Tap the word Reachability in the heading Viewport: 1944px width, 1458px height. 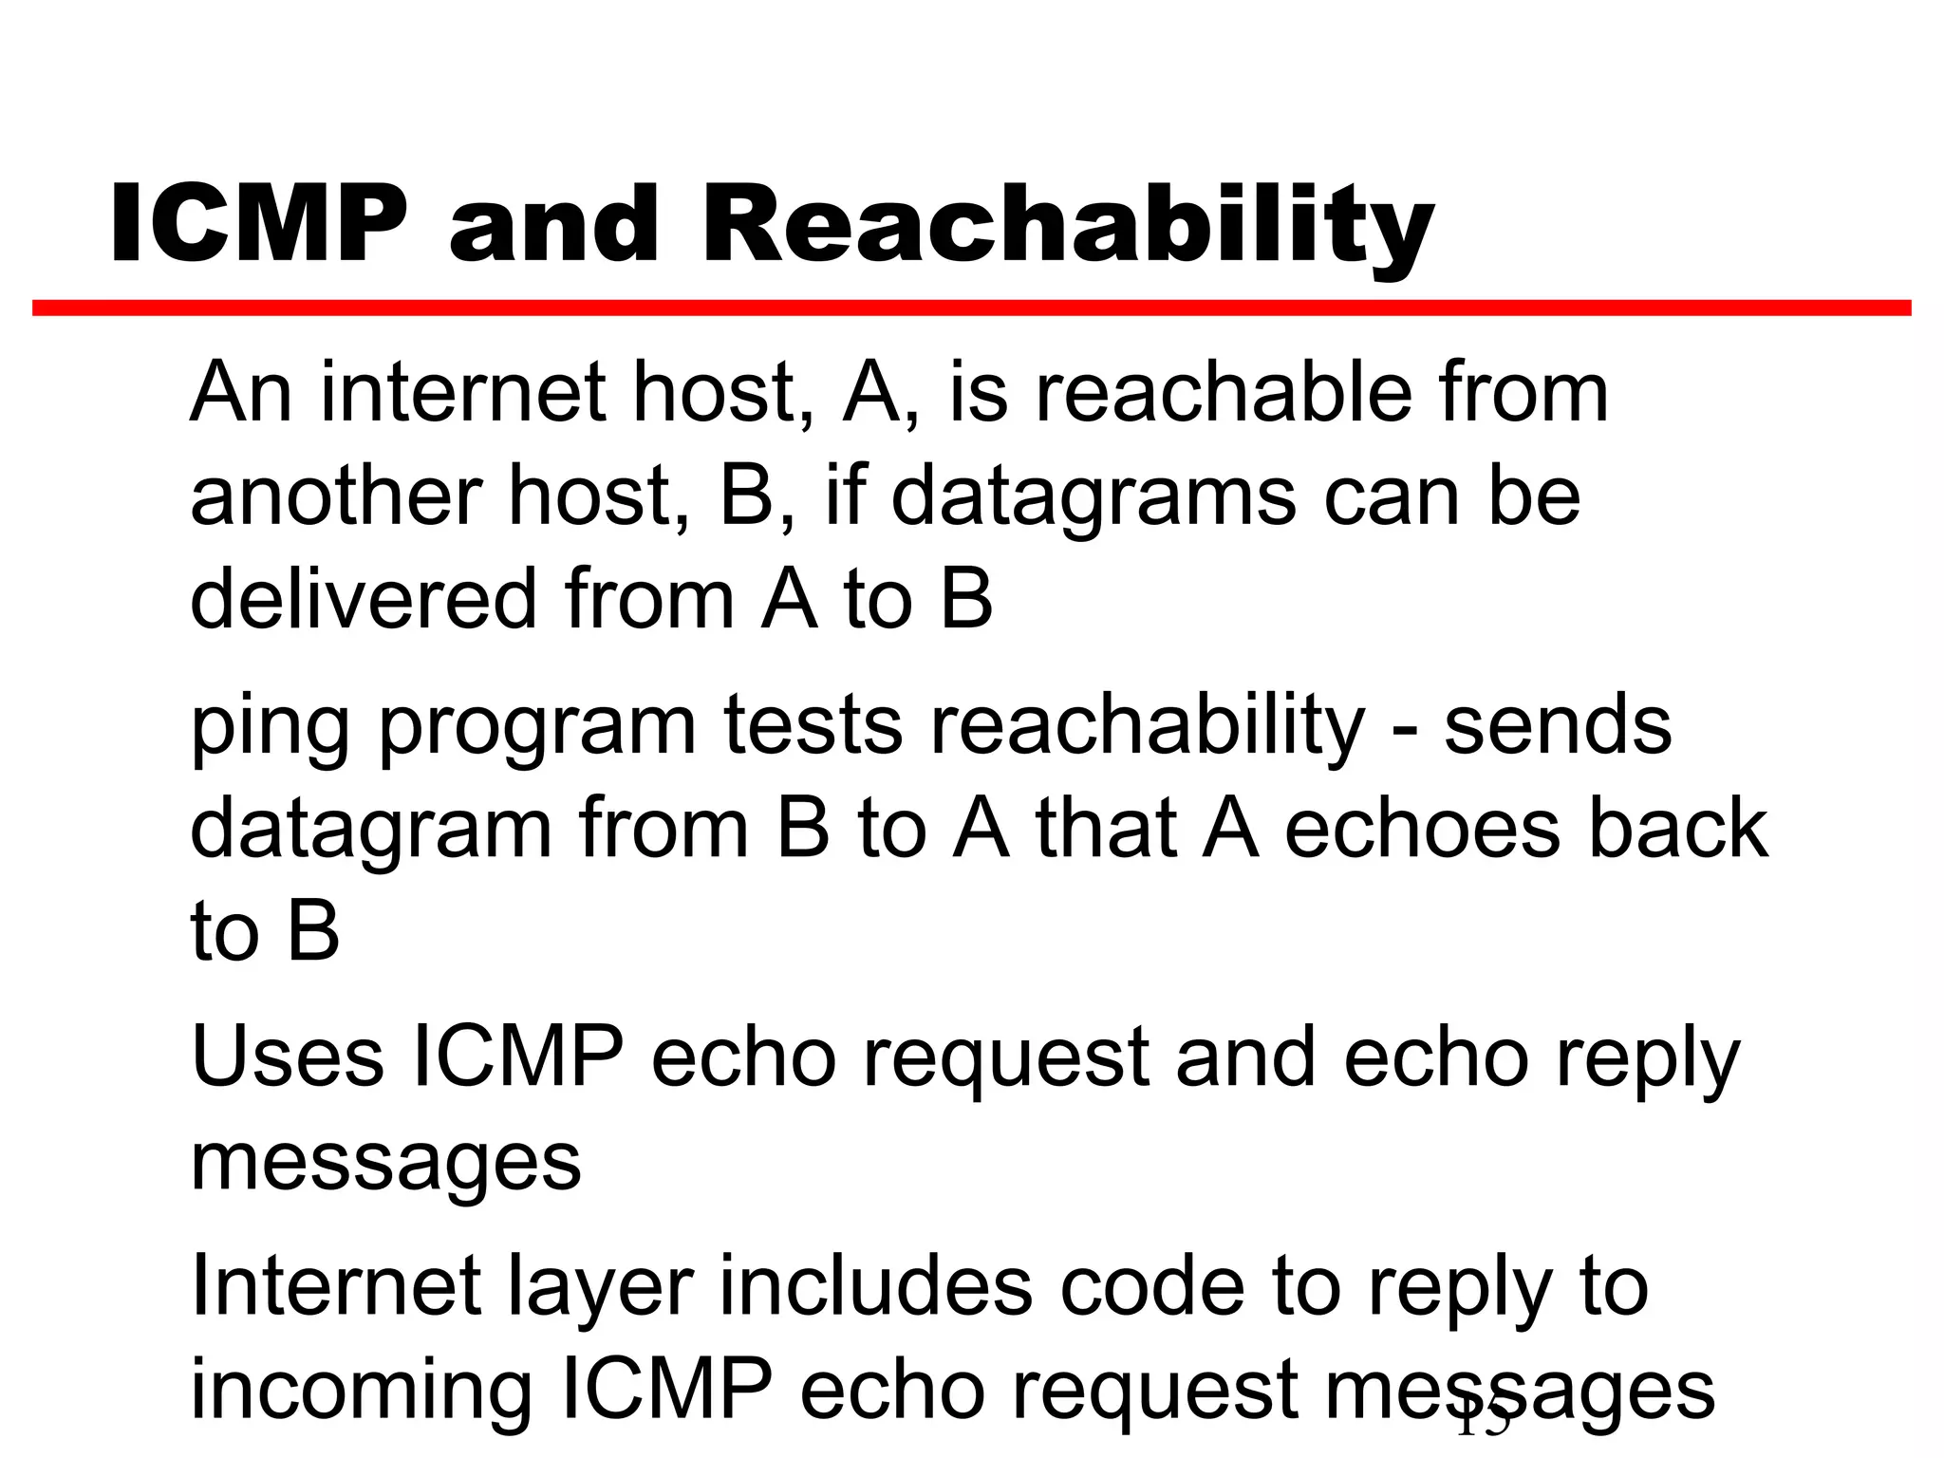point(1068,228)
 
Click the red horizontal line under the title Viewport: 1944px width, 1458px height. point(971,308)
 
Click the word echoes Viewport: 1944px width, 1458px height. point(1421,828)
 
